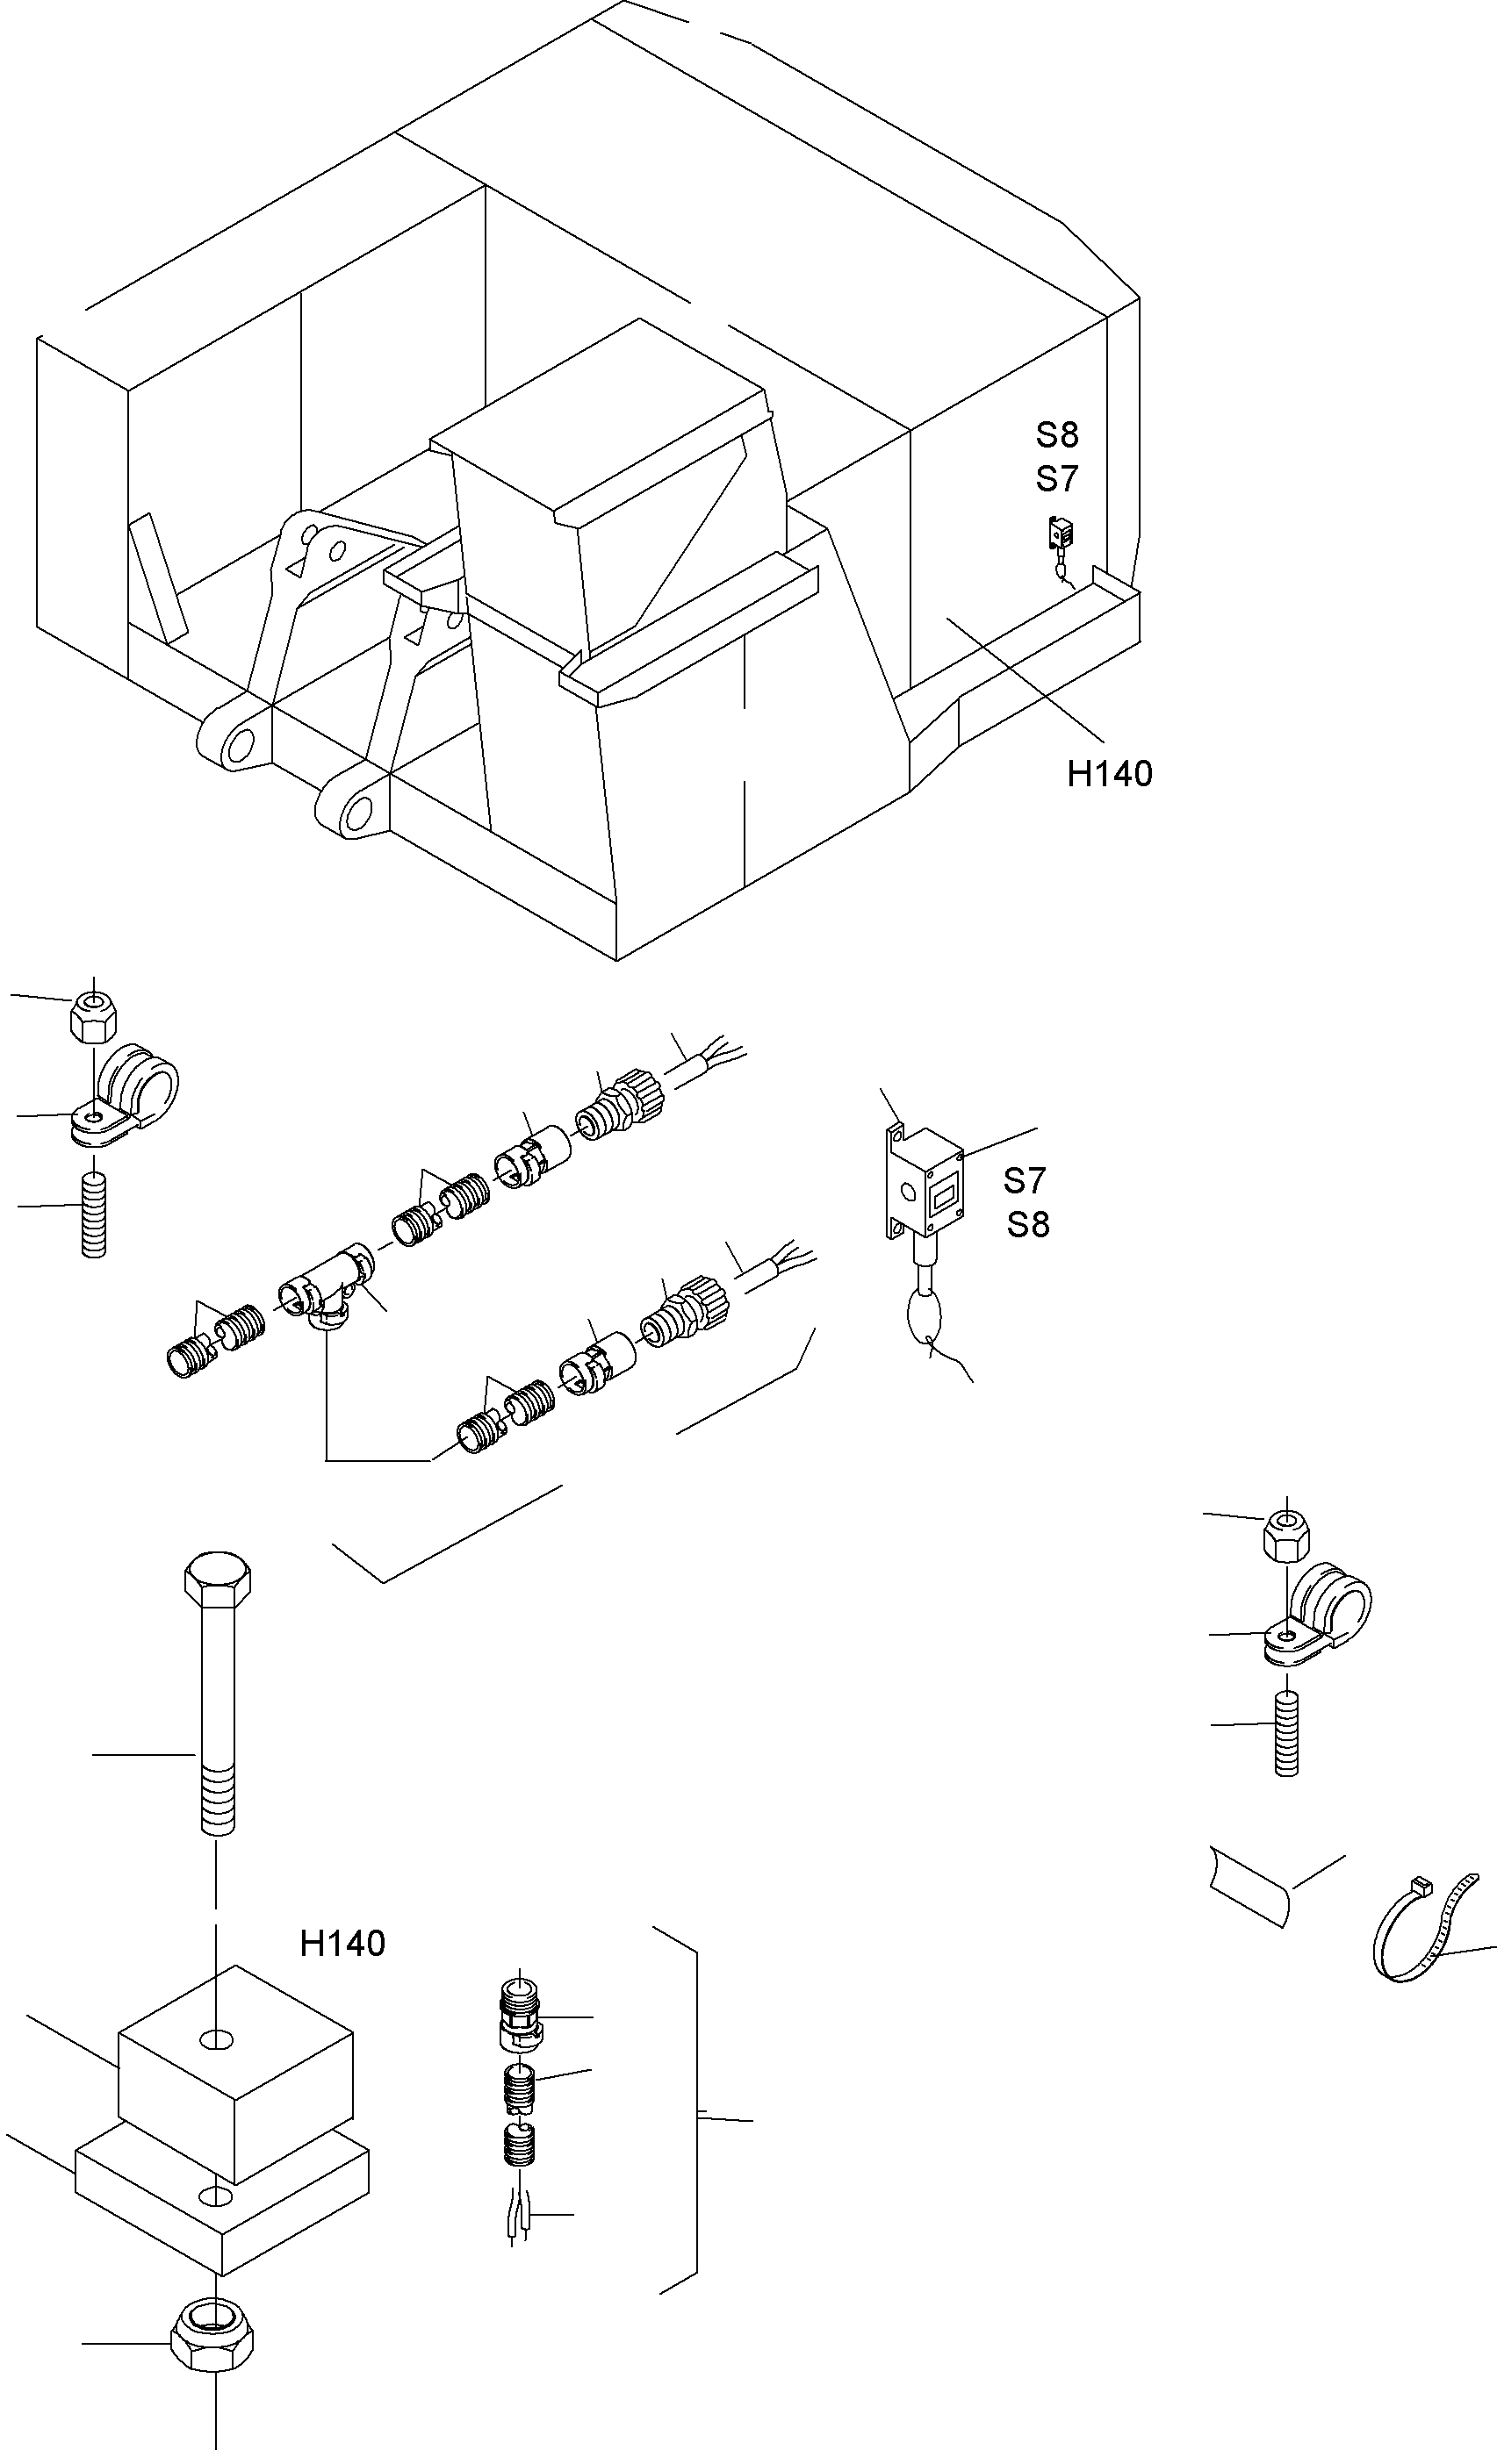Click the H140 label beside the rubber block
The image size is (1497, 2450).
(x=342, y=1943)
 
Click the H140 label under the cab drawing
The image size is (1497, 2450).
(x=1109, y=774)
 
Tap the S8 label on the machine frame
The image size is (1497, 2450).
(x=1056, y=435)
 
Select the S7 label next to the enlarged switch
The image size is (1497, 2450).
(x=1025, y=1180)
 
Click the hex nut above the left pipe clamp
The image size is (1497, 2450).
(x=92, y=1016)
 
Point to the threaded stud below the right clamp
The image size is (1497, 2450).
(x=1286, y=1735)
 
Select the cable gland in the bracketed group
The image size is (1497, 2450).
(x=521, y=2011)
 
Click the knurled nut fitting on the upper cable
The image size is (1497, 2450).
(x=628, y=1108)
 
